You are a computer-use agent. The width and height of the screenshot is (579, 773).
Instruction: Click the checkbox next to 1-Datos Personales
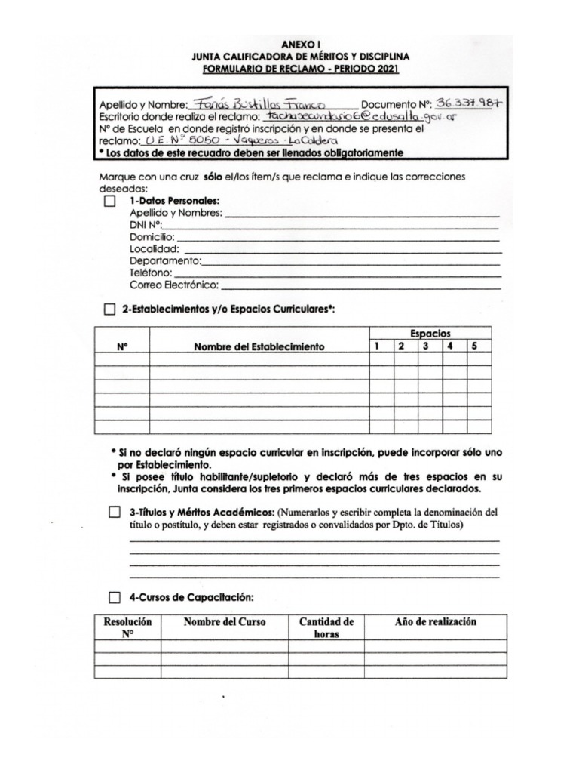pos(110,202)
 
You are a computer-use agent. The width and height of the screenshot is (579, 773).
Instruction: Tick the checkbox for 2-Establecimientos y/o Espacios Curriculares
pos(110,310)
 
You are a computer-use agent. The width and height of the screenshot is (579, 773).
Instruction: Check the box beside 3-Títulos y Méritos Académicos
pos(114,513)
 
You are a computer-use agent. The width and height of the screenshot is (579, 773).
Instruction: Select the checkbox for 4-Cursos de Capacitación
pos(114,597)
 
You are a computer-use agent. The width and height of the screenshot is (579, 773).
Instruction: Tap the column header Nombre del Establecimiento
pos(259,346)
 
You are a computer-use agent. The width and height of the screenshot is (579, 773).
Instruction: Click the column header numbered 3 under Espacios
pos(426,346)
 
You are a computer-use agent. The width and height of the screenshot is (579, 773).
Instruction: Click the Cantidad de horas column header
pos(326,627)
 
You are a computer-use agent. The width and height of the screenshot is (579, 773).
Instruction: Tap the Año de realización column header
pos(436,622)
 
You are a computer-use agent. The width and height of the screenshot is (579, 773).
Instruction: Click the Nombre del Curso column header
pos(225,622)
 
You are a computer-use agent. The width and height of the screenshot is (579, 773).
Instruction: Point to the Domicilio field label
pos(152,236)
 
